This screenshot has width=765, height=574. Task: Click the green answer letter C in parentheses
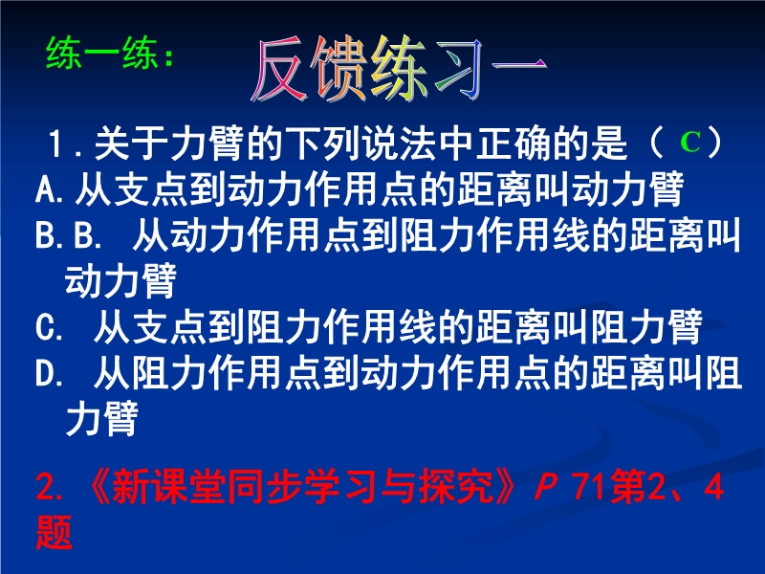click(689, 143)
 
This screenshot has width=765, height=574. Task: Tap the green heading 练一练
click(102, 53)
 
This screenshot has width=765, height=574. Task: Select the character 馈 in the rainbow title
click(340, 68)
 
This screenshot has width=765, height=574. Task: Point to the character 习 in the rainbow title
click(457, 68)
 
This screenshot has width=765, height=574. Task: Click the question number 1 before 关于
click(55, 144)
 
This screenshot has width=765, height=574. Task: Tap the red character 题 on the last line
click(54, 532)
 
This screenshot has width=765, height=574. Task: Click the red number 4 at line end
click(713, 487)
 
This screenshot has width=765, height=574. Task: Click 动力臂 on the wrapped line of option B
click(120, 280)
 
